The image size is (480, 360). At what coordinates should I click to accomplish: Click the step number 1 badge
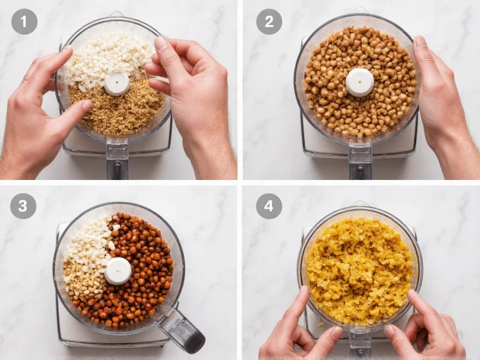pyautogui.click(x=24, y=22)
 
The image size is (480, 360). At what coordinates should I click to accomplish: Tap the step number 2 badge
pyautogui.click(x=269, y=22)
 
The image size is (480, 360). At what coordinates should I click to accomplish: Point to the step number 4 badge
pyautogui.click(x=269, y=206)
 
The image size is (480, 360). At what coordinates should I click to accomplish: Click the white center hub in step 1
pyautogui.click(x=116, y=84)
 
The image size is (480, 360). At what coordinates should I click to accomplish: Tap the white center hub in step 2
pyautogui.click(x=359, y=82)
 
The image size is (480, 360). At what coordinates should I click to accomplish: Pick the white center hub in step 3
pyautogui.click(x=118, y=271)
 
